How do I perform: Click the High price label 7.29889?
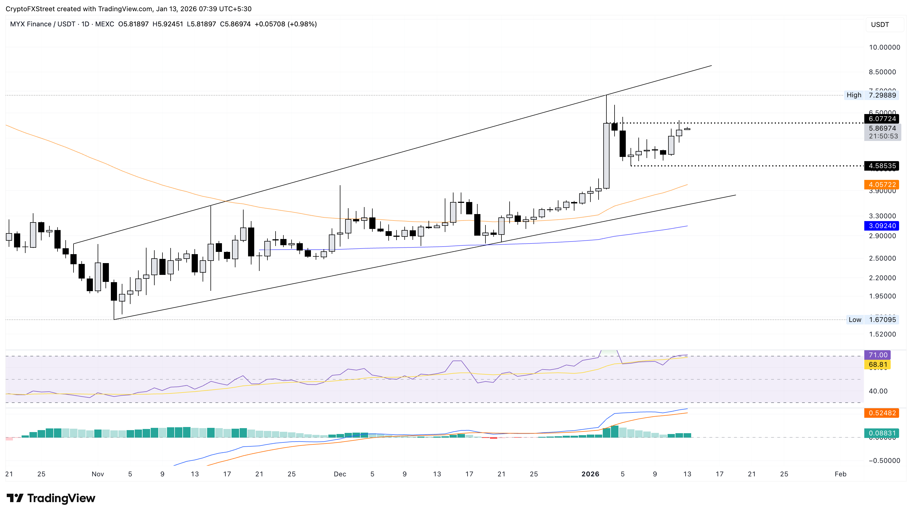coord(882,95)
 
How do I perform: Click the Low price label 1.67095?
coord(882,320)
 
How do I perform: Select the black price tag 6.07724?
coord(882,119)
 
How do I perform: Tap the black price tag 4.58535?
coord(882,166)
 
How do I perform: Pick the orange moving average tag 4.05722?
coord(882,185)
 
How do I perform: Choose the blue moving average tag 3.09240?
coord(882,226)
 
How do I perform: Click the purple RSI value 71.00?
coord(878,355)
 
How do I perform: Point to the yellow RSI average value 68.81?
coord(878,365)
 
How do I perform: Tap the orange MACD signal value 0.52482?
coord(882,413)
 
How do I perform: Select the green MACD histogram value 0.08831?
coord(882,433)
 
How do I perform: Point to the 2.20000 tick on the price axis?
coord(882,278)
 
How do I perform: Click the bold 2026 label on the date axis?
coord(590,474)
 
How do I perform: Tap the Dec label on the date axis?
coord(340,474)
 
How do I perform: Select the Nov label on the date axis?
coord(98,474)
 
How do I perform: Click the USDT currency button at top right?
coord(880,25)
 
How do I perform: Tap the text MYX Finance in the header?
coord(31,24)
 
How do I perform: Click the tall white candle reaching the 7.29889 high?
coord(606,156)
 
